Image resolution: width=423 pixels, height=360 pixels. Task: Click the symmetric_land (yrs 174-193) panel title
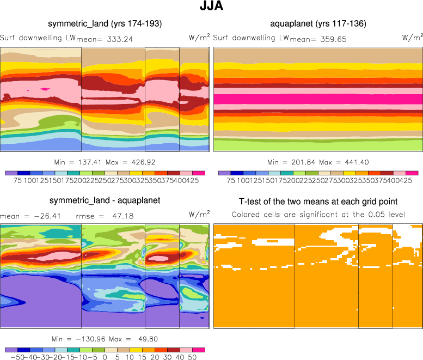click(105, 24)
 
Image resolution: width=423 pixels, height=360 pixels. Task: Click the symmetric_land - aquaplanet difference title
click(105, 200)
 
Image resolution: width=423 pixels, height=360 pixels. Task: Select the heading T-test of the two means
click(318, 201)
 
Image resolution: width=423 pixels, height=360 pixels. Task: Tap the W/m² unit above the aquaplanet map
click(412, 37)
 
